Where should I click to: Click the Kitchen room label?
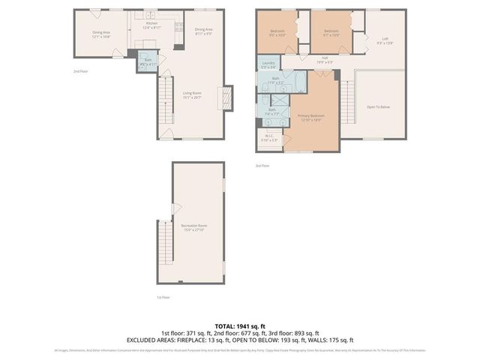(x=151, y=25)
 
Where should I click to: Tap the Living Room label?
(x=193, y=95)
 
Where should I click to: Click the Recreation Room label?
(x=193, y=227)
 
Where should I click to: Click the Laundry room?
(x=268, y=65)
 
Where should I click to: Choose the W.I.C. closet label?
(x=269, y=138)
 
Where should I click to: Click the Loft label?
(x=384, y=40)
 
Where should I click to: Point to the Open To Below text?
(x=377, y=107)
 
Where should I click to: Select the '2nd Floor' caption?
(x=80, y=71)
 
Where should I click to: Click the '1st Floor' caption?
(x=163, y=297)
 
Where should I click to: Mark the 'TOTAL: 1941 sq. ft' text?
(x=239, y=326)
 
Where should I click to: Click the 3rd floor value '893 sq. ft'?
(x=304, y=333)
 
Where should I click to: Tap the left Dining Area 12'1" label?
(x=102, y=34)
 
